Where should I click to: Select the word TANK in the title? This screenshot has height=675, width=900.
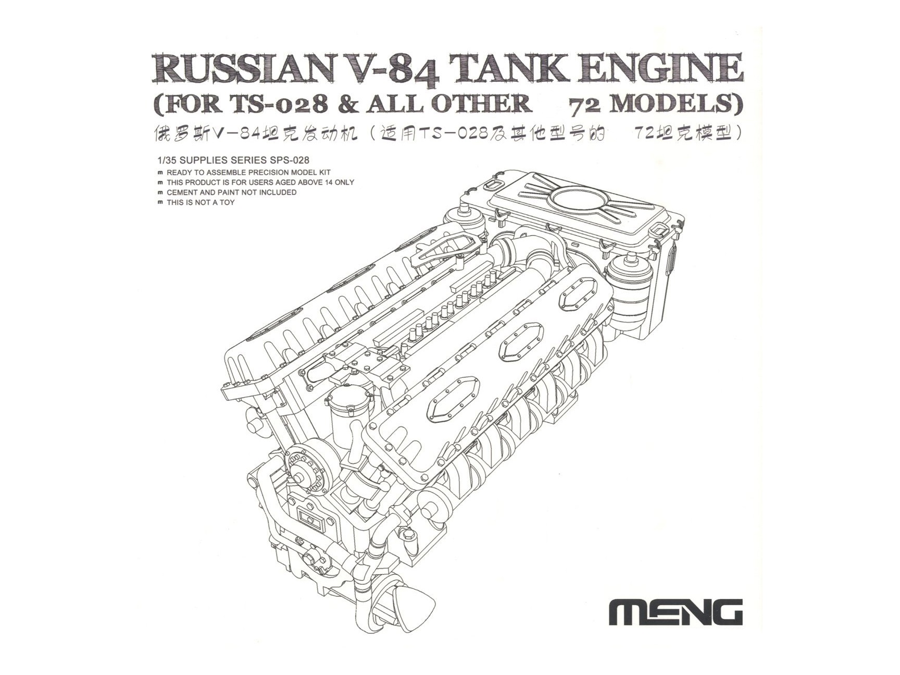(x=511, y=68)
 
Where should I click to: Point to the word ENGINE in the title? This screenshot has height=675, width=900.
(x=663, y=68)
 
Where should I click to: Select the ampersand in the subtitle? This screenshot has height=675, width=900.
(x=346, y=104)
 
